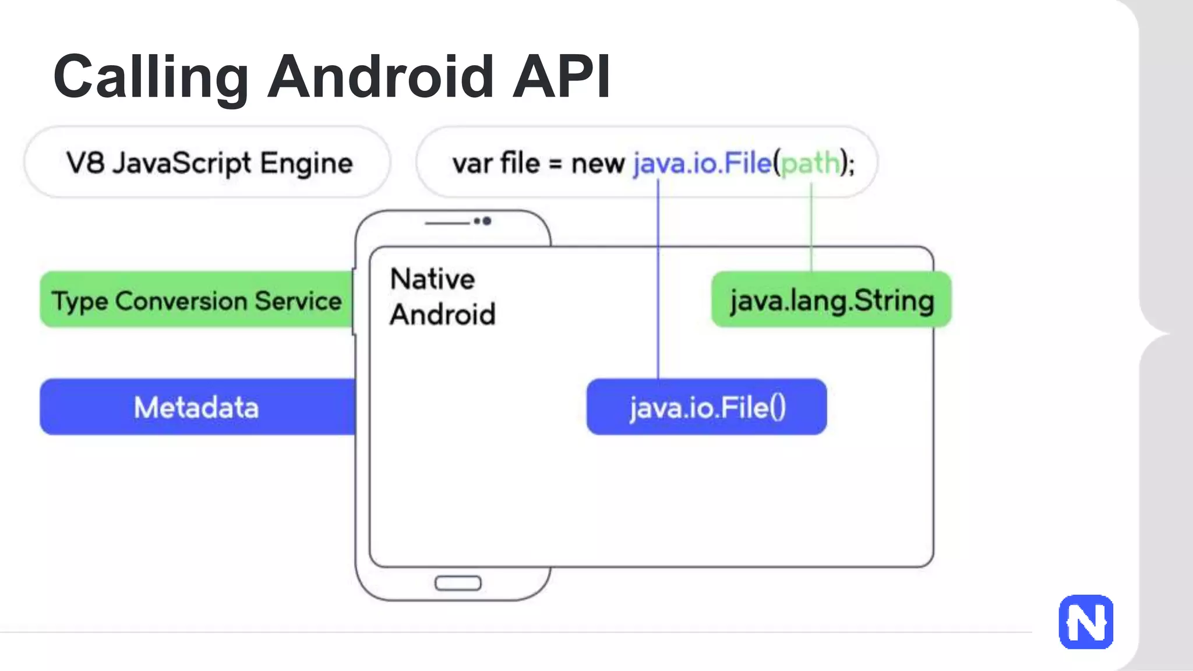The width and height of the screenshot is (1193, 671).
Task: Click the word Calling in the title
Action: pyautogui.click(x=151, y=77)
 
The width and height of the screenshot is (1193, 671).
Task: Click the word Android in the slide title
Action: pyautogui.click(x=380, y=76)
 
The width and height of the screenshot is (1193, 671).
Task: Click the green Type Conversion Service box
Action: pyautogui.click(x=196, y=300)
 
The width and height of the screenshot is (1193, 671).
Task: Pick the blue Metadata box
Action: pyautogui.click(x=196, y=407)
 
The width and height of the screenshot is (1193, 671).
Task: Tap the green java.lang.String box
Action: pyautogui.click(x=831, y=301)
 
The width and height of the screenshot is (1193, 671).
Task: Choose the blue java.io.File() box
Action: pyautogui.click(x=707, y=407)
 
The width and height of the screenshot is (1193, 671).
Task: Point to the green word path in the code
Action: pyautogui.click(x=810, y=164)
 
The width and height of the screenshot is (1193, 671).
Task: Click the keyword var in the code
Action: pyautogui.click(x=472, y=164)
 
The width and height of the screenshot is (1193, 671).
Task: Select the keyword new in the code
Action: pyautogui.click(x=598, y=164)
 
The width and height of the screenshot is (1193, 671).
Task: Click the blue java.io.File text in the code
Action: pyautogui.click(x=702, y=164)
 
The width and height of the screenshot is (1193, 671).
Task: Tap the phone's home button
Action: pyautogui.click(x=458, y=583)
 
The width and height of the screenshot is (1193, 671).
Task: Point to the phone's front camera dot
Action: pyautogui.click(x=487, y=221)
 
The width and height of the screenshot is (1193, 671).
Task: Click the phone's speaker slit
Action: pyautogui.click(x=447, y=223)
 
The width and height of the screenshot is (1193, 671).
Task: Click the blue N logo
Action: pyautogui.click(x=1086, y=621)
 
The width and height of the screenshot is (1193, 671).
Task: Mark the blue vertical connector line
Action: pyautogui.click(x=658, y=280)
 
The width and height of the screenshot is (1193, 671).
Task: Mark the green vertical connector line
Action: pyautogui.click(x=811, y=227)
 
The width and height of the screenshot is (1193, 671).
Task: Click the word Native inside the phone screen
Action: pyautogui.click(x=432, y=279)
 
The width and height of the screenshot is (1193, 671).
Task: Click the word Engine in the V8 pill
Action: pyautogui.click(x=306, y=164)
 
